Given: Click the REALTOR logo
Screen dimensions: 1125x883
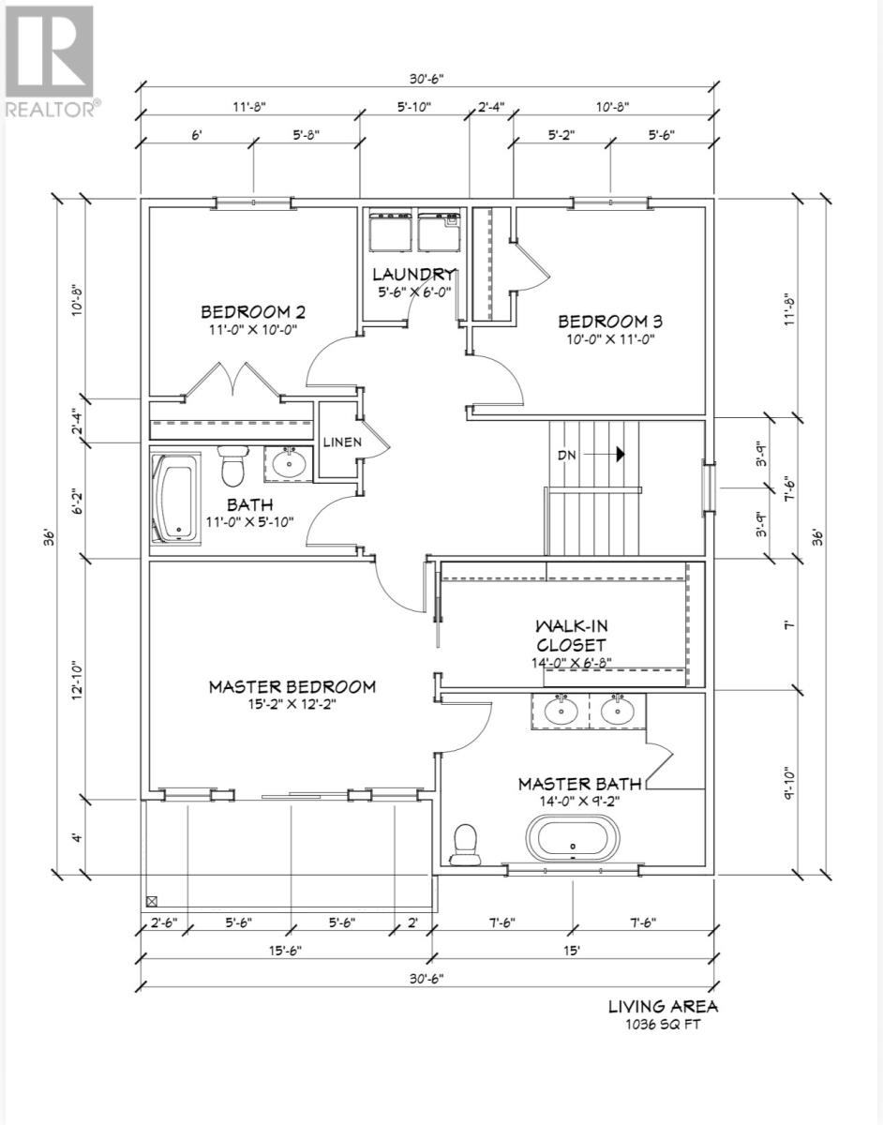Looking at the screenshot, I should pos(49,62).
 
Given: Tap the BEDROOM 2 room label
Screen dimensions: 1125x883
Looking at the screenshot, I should pos(252,312).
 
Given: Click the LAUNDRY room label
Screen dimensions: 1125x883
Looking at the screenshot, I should pos(412,275).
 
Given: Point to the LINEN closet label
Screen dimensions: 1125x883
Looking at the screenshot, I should pos(337,442).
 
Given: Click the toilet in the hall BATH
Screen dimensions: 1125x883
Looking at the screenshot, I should pos(232,462).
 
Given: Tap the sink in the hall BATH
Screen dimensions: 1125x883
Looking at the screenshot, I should pos(287,463).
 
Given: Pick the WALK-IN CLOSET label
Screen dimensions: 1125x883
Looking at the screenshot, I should pos(570,635).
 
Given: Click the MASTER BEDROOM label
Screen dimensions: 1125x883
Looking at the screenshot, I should pos(292,686).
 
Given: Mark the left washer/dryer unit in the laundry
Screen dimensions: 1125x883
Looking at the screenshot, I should pos(388,231).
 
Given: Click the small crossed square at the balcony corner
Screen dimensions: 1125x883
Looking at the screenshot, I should pos(151,902).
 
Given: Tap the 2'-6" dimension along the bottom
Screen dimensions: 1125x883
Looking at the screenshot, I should pos(163,922).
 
